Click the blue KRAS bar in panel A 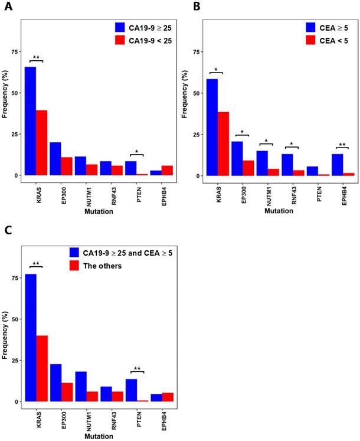(30, 121)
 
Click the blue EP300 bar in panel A (55, 159)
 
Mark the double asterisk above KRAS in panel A (36, 57)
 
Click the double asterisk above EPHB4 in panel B (342, 145)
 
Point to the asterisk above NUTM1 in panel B (266, 141)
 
